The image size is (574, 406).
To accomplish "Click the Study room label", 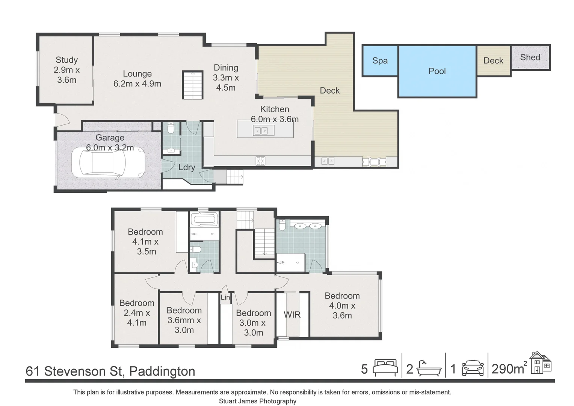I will coord(66,60).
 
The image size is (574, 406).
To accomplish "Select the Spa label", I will coord(380,61).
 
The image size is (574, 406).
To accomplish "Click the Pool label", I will coord(437,71).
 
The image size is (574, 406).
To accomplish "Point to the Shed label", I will coord(530,58).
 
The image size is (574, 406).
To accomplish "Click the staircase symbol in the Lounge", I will coord(193,85).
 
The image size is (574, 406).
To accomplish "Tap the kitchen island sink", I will coord(261,131).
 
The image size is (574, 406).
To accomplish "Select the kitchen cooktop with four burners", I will coord(260,161).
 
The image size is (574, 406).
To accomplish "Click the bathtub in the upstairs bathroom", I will coord(204,220).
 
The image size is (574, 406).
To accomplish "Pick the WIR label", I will coord(292,315).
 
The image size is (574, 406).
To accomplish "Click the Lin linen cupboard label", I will coord(225,297).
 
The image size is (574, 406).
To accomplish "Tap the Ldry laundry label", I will coord(186,167).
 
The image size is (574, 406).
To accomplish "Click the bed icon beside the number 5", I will coord(385,368).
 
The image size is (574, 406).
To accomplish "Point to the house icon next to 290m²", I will coord(541,363).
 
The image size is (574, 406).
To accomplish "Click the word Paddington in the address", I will coord(162,371).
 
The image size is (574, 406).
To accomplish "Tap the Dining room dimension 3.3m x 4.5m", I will coord(226,83).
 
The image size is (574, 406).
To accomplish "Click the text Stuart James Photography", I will coord(257,401).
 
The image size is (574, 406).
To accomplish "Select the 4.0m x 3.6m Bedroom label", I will coord(342,306).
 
